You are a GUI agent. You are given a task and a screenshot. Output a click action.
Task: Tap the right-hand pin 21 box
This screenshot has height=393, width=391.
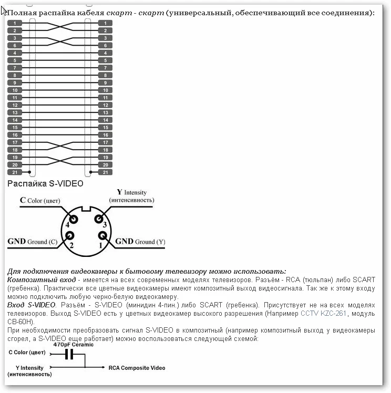pyautogui.click(x=105, y=172)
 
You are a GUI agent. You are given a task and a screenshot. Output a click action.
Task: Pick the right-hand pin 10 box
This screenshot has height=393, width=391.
pyautogui.click(x=105, y=90)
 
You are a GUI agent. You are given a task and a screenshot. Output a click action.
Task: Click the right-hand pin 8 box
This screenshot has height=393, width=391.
pyautogui.click(x=105, y=75)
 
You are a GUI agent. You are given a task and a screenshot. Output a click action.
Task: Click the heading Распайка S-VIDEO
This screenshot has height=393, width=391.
pyautogui.click(x=45, y=183)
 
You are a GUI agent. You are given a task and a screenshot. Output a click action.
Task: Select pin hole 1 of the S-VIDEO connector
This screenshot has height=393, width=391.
pyautogui.click(x=97, y=235)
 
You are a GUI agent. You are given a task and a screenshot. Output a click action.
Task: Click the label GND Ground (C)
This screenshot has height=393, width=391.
pyautogui.click(x=32, y=242)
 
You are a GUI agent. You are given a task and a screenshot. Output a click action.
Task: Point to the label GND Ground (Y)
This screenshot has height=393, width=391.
pyautogui.click(x=140, y=242)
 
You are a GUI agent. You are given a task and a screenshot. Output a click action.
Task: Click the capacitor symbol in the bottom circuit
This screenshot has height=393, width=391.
pyautogui.click(x=68, y=355)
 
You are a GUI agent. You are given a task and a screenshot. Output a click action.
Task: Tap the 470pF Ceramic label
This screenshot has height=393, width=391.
pyautogui.click(x=73, y=345)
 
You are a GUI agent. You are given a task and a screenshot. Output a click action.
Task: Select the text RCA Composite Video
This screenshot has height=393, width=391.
pyautogui.click(x=137, y=368)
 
